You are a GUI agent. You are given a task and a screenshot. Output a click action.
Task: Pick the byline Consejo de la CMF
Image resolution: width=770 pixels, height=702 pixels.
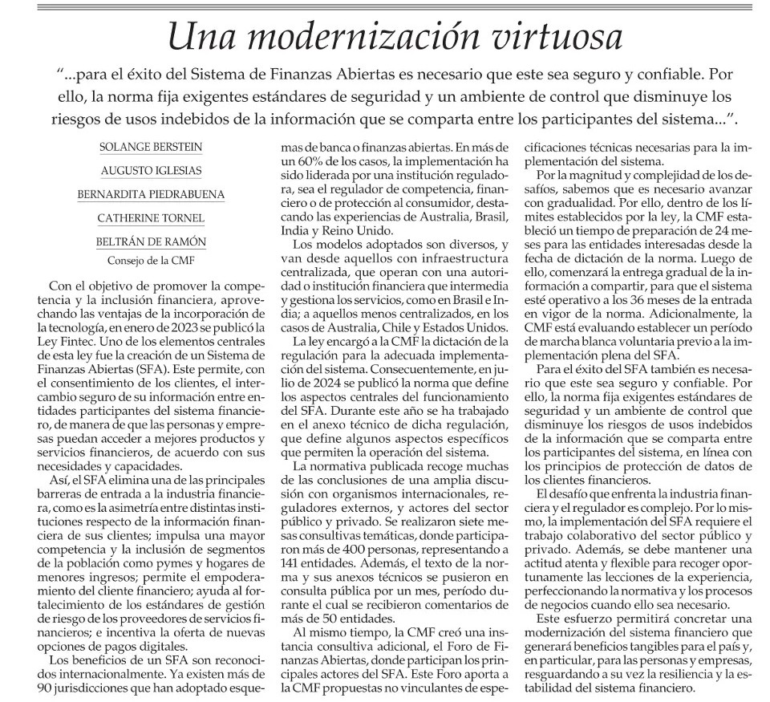click(151, 260)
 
